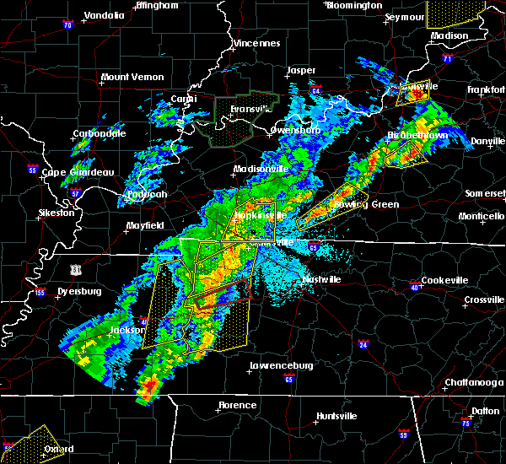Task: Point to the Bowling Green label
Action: coord(368,204)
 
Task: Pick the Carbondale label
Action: coord(100,133)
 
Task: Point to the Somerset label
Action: coord(484,193)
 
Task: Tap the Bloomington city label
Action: coord(354,5)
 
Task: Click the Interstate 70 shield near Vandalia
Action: coord(67,25)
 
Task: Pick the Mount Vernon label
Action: coord(132,77)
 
